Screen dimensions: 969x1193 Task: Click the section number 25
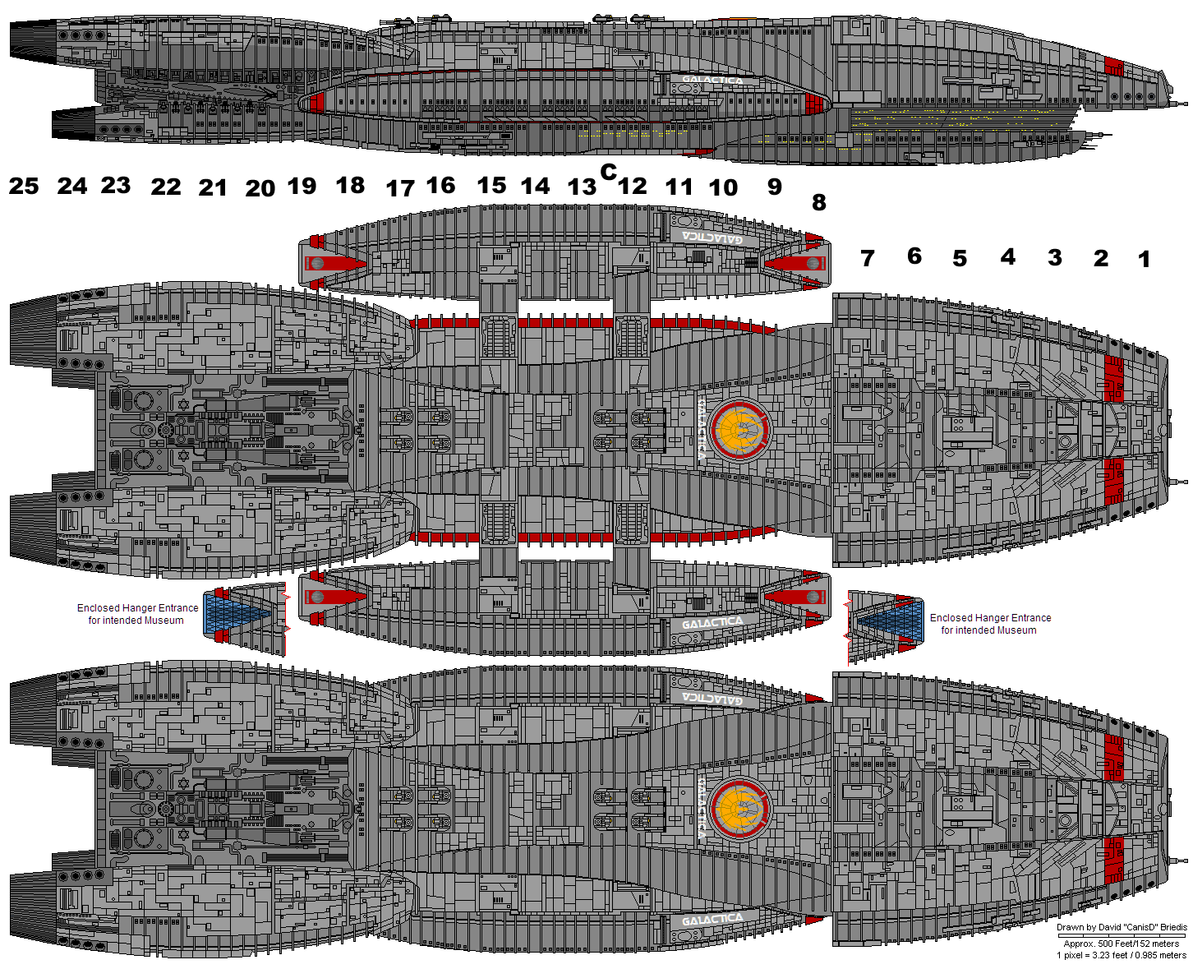coord(24,187)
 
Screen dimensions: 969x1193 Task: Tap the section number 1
coord(1144,260)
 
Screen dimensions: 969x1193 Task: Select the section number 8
coord(818,202)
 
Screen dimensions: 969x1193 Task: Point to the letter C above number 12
coord(608,171)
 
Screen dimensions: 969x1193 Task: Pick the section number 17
coord(400,189)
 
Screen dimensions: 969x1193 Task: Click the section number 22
coord(165,187)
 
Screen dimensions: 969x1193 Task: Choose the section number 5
coord(960,259)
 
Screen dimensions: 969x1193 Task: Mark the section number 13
coord(582,187)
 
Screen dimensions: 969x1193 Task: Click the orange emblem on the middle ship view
coord(741,430)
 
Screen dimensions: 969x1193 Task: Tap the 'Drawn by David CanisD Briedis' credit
coord(1122,927)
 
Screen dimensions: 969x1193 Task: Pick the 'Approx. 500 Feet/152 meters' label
coord(1122,944)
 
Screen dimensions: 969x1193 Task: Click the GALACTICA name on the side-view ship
coord(712,81)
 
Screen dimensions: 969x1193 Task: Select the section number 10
coord(723,188)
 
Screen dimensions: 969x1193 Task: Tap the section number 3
coord(1055,258)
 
